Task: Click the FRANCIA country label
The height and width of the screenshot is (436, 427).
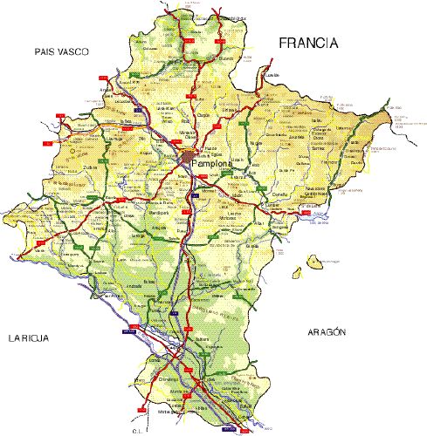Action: tap(306, 43)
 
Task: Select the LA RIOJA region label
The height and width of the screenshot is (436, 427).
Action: tap(27, 337)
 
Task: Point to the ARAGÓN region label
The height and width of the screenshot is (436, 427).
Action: tap(327, 332)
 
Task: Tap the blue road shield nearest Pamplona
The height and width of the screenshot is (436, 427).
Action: tap(199, 196)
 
